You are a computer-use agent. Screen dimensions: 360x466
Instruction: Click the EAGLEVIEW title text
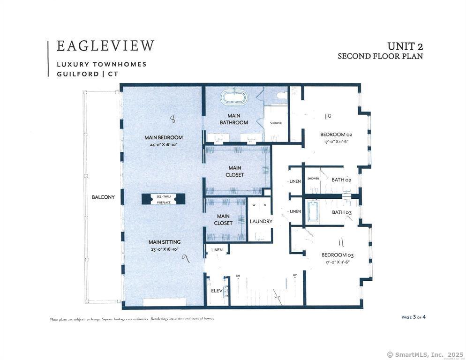click(105, 46)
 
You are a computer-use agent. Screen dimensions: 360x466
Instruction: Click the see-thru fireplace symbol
click(164, 199)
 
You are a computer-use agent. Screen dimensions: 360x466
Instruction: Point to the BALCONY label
click(103, 197)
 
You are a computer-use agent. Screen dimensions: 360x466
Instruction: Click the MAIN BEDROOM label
click(163, 138)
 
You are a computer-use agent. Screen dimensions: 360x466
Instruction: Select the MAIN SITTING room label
click(164, 242)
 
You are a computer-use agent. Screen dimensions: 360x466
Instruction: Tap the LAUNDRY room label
click(261, 221)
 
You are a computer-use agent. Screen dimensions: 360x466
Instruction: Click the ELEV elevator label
click(216, 291)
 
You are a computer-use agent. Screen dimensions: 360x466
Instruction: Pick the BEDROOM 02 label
click(336, 135)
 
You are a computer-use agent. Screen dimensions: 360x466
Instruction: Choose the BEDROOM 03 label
click(337, 255)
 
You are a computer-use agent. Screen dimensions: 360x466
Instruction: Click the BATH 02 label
click(341, 180)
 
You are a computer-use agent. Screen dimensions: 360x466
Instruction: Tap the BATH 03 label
click(341, 212)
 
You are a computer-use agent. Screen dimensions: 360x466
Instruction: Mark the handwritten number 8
click(173, 120)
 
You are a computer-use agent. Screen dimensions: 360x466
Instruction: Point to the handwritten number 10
click(328, 116)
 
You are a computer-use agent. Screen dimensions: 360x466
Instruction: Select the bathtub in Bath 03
click(312, 212)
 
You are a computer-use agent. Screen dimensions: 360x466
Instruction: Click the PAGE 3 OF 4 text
click(413, 317)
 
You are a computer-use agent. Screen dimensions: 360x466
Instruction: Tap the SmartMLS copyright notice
click(425, 354)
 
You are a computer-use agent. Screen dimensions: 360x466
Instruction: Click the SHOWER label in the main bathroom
click(276, 123)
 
